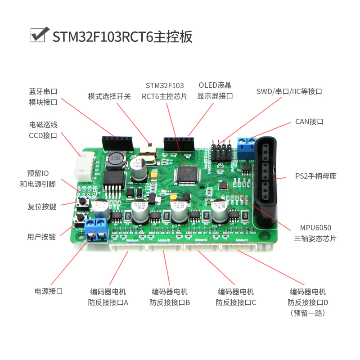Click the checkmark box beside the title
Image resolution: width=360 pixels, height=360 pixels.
coord(39,35)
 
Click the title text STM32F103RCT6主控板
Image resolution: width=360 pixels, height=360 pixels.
coord(122,36)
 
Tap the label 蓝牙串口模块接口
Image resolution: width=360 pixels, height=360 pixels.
coord(43,97)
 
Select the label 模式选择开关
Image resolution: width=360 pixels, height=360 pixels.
coord(109,96)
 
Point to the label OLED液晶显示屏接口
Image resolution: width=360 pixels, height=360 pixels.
coord(215,90)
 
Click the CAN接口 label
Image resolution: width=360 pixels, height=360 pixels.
coord(309,121)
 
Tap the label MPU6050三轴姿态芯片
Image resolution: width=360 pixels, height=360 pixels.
coord(315,233)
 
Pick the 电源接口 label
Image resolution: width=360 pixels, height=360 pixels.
coord(49,291)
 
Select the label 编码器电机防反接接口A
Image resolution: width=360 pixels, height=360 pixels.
coord(108,297)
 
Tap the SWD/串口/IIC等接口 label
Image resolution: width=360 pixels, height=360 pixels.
coord(289,91)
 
